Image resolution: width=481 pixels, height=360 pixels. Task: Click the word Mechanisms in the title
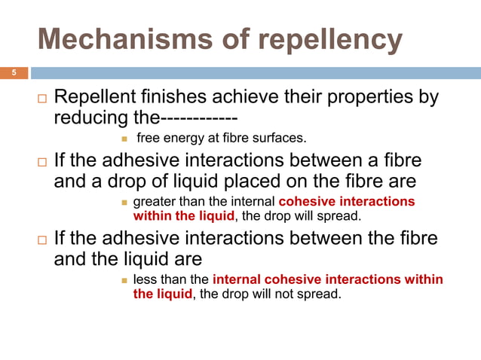tap(106, 41)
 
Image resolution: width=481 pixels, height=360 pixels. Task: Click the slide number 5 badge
tap(13, 73)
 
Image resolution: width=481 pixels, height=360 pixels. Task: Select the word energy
tap(188, 139)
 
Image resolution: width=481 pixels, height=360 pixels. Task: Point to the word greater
tap(155, 203)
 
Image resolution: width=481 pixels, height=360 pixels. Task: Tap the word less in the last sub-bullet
tap(144, 279)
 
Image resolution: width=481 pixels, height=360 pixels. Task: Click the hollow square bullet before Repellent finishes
tap(41, 99)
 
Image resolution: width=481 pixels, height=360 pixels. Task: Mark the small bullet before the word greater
tap(125, 203)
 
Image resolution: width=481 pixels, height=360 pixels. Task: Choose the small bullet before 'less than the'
tap(125, 279)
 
